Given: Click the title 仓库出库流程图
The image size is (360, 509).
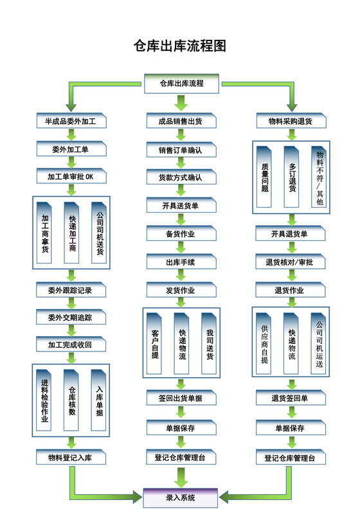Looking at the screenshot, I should click(180, 46).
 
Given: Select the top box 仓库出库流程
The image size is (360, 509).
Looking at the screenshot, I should click(181, 84).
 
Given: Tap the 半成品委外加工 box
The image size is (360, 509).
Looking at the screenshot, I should click(70, 121).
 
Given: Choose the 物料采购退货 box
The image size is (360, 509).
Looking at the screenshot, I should click(290, 121).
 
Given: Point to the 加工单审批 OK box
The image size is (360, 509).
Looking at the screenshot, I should click(70, 176).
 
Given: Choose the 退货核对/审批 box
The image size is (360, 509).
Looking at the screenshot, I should click(290, 262).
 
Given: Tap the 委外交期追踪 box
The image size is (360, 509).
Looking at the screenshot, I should click(70, 317).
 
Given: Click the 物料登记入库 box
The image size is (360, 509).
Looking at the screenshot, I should click(70, 458).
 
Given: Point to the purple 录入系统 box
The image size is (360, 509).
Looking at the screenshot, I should click(181, 497).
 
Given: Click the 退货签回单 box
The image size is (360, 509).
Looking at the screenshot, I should click(290, 398).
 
